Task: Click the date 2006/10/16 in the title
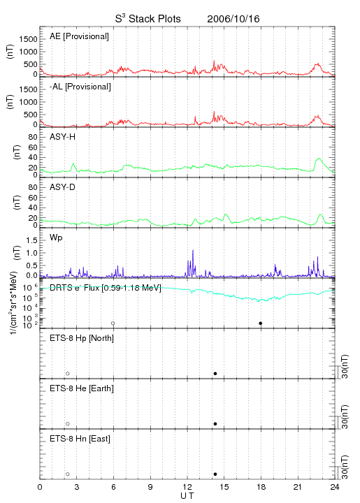[x=233, y=19]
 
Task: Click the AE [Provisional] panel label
[x=79, y=36]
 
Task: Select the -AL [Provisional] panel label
[x=80, y=87]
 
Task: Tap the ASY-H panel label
[x=62, y=137]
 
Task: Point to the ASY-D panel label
[x=62, y=187]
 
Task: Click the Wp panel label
[x=56, y=238]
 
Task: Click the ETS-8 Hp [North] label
[x=82, y=338]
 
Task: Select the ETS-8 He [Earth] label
[x=82, y=388]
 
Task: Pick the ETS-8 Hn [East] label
[x=80, y=439]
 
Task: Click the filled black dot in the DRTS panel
[x=261, y=323]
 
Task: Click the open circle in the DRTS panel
[x=113, y=323]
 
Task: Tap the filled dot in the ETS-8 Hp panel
[x=215, y=373]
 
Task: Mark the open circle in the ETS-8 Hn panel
[x=68, y=474]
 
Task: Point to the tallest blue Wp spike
[x=193, y=250]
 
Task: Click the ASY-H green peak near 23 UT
[x=319, y=159]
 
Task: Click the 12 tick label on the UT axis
[x=187, y=487]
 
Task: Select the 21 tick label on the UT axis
[x=298, y=487]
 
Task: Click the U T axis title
[x=187, y=496]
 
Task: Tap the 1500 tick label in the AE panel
[x=28, y=39]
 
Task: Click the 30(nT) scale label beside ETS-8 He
[x=345, y=416]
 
